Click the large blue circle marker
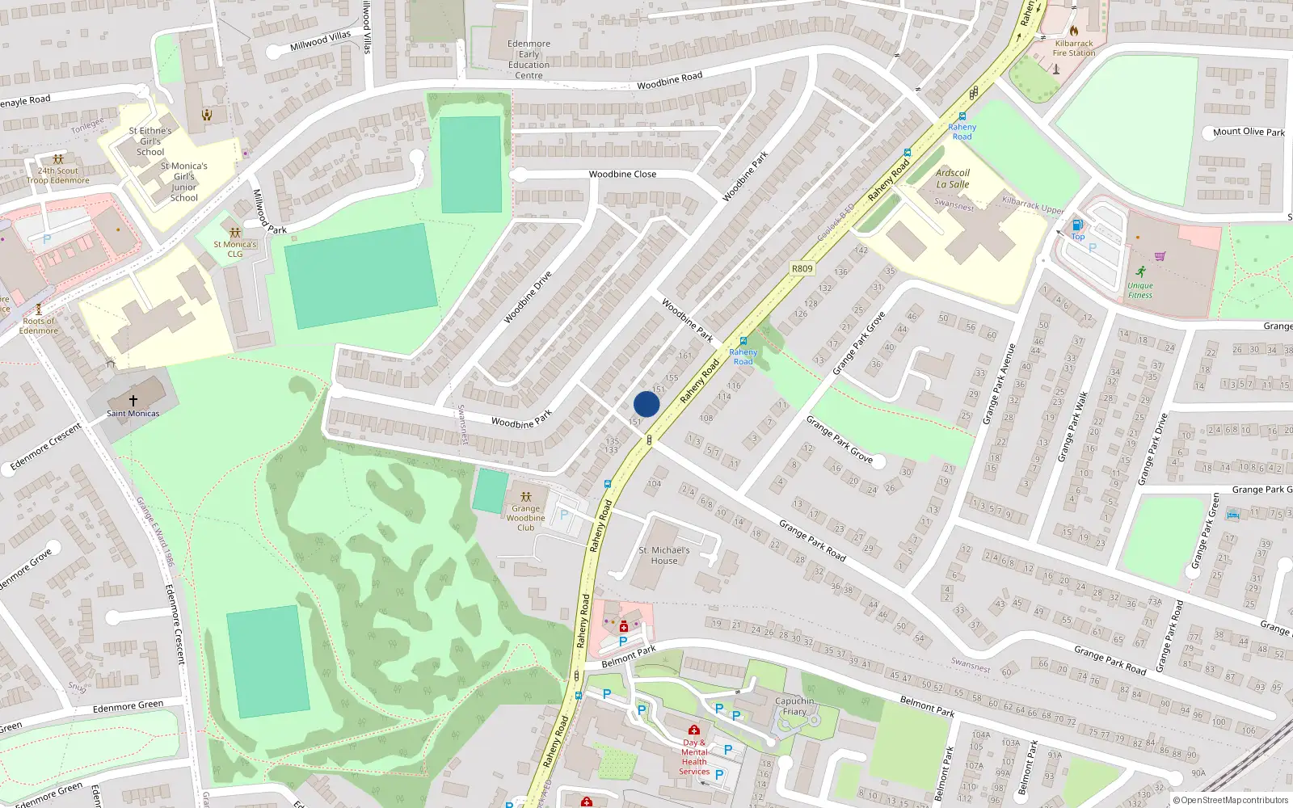tap(646, 404)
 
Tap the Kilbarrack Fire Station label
tap(1074, 48)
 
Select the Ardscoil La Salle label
tap(953, 179)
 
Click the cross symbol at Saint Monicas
tap(133, 400)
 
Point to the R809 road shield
tap(802, 268)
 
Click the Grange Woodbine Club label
tap(526, 518)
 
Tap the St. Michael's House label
tap(664, 555)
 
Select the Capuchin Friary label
tap(794, 706)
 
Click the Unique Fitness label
tap(1140, 290)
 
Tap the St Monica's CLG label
tap(235, 249)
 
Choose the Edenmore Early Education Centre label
tap(529, 60)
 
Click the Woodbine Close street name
tap(622, 174)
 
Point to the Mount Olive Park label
tap(1249, 132)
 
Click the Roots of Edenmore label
tap(39, 326)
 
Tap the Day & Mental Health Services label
tap(694, 756)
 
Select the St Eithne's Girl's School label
tap(150, 141)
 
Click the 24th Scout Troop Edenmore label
tap(58, 175)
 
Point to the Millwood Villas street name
tap(321, 40)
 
